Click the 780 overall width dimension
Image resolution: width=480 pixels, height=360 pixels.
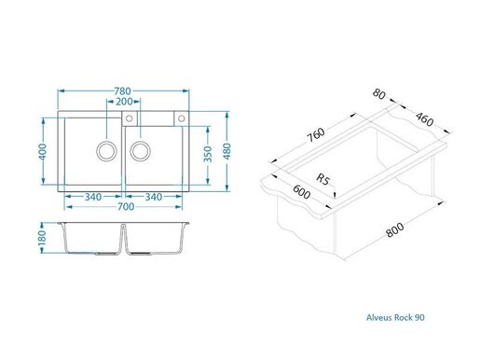[x=122, y=90]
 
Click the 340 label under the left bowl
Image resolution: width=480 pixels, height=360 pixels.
[x=92, y=196]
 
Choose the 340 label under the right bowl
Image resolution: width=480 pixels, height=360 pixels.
[x=156, y=196]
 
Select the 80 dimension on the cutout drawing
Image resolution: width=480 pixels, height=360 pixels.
[x=377, y=94]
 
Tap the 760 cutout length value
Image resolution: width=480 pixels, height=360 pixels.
[x=317, y=136]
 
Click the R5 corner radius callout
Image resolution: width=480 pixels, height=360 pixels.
[x=322, y=177]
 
